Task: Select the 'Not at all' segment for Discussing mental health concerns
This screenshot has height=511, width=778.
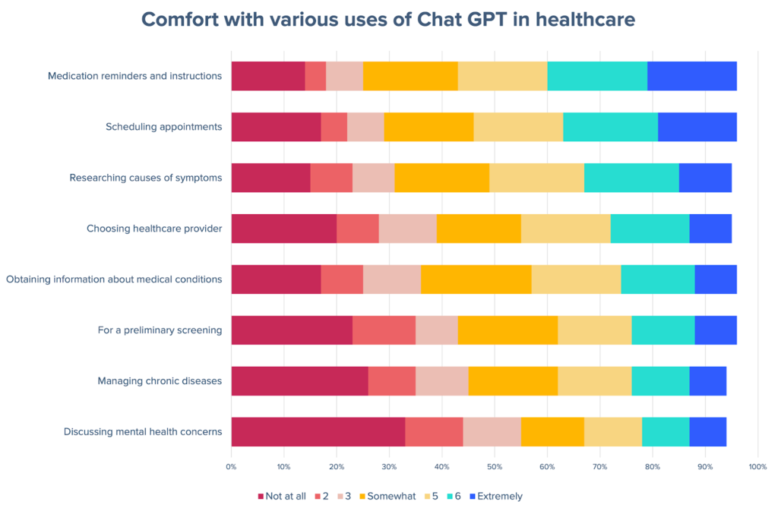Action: (318, 431)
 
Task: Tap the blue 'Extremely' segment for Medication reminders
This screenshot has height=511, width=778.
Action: (691, 76)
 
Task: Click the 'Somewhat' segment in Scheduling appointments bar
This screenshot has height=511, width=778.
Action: (429, 127)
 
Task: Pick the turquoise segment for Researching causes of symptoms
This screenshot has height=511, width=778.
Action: (631, 178)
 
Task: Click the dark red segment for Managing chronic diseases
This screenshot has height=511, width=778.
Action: (299, 380)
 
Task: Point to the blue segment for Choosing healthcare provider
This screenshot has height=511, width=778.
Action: (710, 229)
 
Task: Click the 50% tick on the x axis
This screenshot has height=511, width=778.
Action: (494, 466)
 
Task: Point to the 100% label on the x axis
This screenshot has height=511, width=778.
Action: (757, 466)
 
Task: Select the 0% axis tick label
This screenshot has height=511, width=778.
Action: (231, 466)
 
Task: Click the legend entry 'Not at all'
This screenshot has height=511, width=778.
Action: (282, 496)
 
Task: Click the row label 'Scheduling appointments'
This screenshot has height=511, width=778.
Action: (163, 127)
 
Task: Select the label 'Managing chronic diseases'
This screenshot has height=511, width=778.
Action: (160, 380)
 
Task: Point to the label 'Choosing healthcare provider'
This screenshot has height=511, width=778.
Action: (154, 229)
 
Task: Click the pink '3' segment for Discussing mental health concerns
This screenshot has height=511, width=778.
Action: (492, 431)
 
